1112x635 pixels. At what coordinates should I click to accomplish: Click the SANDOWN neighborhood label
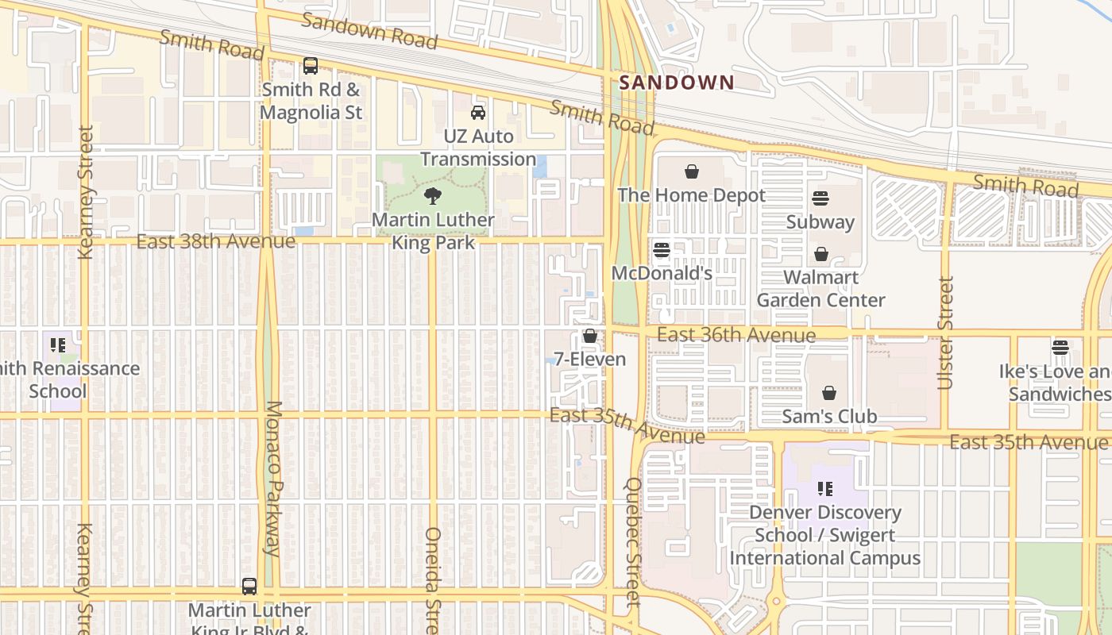(x=677, y=83)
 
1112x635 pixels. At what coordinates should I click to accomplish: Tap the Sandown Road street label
(x=369, y=31)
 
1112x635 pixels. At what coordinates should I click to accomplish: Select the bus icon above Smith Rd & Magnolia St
(x=311, y=66)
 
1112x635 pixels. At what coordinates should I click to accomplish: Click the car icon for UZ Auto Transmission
(x=478, y=113)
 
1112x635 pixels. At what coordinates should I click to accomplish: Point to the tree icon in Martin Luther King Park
(x=433, y=196)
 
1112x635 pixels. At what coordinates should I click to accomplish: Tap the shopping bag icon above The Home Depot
(x=692, y=171)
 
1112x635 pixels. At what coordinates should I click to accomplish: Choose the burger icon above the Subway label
(x=820, y=198)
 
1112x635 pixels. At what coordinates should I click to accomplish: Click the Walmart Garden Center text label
(x=820, y=289)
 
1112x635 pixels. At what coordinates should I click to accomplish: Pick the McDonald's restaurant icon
(x=662, y=251)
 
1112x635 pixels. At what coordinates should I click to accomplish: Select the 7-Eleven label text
(x=590, y=360)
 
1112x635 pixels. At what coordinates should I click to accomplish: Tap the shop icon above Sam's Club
(x=829, y=393)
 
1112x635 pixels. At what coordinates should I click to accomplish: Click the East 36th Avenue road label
(x=736, y=335)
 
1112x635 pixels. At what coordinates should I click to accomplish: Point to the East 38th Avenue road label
(x=216, y=241)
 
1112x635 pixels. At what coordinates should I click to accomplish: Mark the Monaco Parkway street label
(x=272, y=478)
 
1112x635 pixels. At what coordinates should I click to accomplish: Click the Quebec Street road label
(x=633, y=541)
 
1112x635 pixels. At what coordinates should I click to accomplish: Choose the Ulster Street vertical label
(x=944, y=333)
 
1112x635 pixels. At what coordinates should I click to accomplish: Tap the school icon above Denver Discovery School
(x=825, y=489)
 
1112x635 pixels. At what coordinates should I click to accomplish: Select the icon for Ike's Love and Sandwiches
(x=1060, y=348)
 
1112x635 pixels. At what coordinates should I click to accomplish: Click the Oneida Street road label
(x=433, y=579)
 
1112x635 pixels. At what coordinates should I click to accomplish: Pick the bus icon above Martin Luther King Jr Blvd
(x=249, y=587)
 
